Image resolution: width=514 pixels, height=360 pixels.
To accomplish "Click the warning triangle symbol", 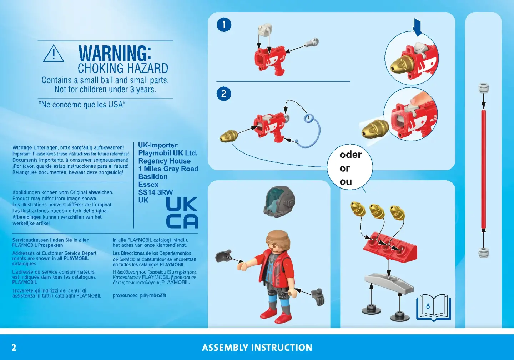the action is tap(54, 54).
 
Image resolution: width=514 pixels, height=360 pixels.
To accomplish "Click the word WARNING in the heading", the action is tap(115, 53).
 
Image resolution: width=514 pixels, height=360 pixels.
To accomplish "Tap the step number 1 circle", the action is tap(224, 25).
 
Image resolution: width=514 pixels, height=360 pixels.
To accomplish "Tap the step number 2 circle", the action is tap(224, 94).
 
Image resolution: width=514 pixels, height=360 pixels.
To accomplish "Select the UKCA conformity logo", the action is tap(182, 212).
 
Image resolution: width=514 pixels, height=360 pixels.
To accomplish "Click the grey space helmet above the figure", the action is tap(279, 201).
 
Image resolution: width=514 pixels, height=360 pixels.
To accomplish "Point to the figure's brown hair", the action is tap(278, 240).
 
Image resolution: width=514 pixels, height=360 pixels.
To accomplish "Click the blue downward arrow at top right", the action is tap(417, 27).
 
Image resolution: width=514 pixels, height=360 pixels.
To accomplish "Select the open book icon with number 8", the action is tap(433, 307).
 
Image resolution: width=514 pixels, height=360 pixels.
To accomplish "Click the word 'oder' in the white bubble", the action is tap(351, 155).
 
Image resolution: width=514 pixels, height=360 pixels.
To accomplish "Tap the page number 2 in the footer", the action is tap(14, 347).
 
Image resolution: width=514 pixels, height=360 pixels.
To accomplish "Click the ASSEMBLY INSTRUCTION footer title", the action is tap(257, 347).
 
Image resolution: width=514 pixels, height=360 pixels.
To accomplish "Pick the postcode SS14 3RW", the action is tap(156, 192).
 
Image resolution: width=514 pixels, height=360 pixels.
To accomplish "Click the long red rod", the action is tap(483, 169).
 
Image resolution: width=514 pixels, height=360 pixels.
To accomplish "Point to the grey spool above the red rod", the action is tap(483, 88).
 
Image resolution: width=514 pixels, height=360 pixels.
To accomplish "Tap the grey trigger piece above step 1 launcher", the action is tap(265, 30).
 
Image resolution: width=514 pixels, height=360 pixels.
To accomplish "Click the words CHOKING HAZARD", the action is tap(123, 68).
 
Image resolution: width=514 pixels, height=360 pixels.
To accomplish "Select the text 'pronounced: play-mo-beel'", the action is tap(139, 295).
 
